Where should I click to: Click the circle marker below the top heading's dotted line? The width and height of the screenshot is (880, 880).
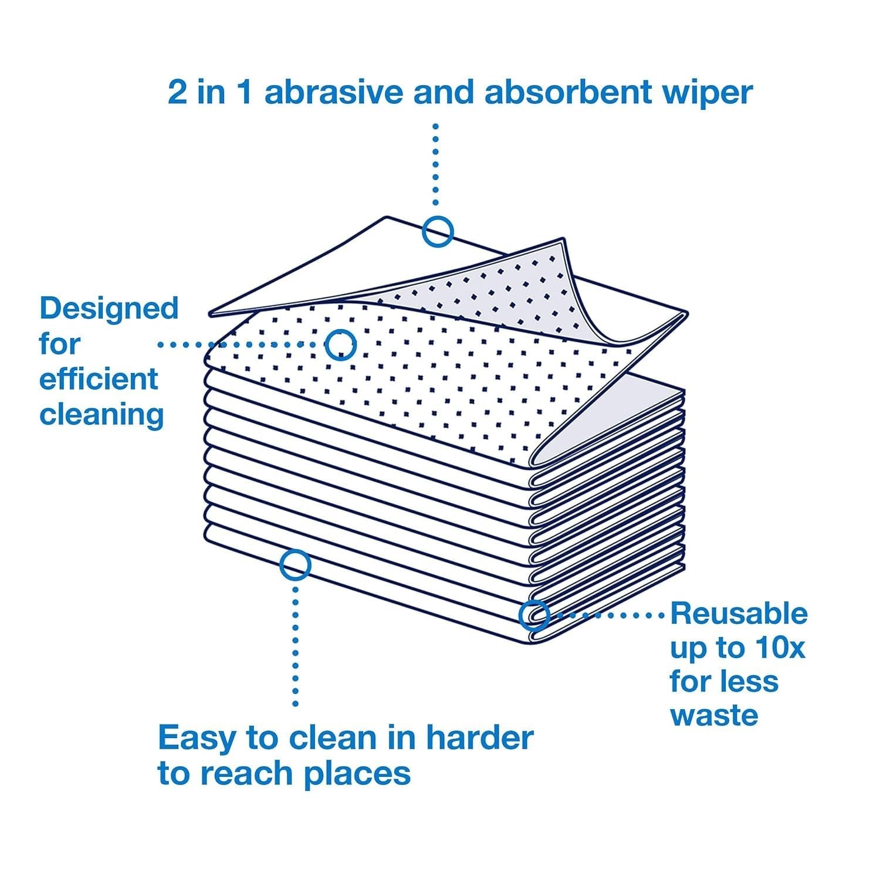pyautogui.click(x=438, y=231)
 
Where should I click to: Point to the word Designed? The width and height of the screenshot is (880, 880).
pyautogui.click(x=109, y=309)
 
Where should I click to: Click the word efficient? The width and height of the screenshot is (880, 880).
pyautogui.click(x=99, y=379)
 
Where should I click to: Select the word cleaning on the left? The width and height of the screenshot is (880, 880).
pyautogui.click(x=101, y=415)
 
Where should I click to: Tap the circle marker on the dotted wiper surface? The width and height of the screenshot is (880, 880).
pyautogui.click(x=341, y=344)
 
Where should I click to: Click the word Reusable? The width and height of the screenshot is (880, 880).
pyautogui.click(x=739, y=614)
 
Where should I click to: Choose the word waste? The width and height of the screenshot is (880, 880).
pyautogui.click(x=713, y=716)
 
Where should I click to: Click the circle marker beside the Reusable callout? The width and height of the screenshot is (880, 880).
pyautogui.click(x=534, y=615)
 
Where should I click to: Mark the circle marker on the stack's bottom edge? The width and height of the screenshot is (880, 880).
pyautogui.click(x=295, y=564)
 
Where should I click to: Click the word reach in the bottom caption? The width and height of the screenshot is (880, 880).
pyautogui.click(x=243, y=774)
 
